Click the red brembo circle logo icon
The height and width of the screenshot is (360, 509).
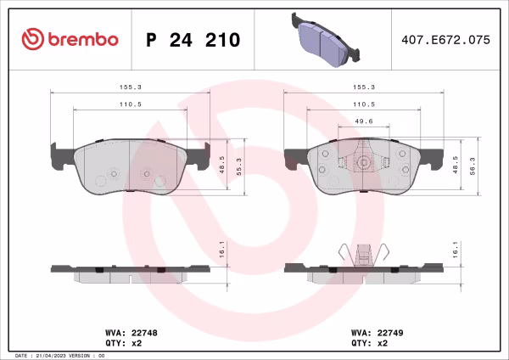coord(31,39)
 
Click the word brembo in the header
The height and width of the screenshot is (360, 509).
coord(82,40)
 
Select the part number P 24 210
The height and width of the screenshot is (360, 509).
coord(193,40)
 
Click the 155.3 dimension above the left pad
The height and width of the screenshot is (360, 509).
coord(130,87)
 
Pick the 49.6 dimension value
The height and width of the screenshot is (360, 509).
coord(363,121)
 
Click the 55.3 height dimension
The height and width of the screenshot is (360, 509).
coord(238,166)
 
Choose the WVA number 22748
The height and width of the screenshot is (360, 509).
coord(137,333)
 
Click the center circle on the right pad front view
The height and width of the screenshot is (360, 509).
coord(363,165)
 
